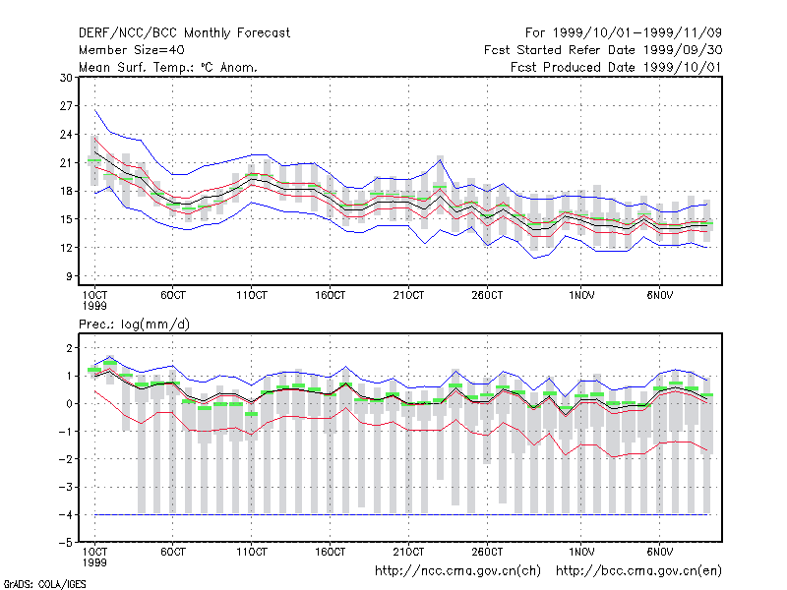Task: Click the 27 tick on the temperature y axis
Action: coord(66,106)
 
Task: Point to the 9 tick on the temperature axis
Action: coord(69,276)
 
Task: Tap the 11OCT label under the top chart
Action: coord(252,295)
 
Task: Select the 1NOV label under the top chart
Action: coord(581,295)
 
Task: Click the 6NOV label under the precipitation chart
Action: coord(659,552)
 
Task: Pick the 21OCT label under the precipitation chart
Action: coord(408,552)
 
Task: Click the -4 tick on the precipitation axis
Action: coord(65,514)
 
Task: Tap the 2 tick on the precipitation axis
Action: coord(69,348)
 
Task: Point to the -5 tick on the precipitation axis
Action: coord(65,543)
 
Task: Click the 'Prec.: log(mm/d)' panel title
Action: coord(134,324)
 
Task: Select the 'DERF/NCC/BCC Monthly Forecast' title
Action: coord(184,33)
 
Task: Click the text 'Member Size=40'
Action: coord(132,50)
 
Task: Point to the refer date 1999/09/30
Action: coord(682,50)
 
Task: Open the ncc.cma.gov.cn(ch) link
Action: coord(457,571)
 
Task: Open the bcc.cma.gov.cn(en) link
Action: coord(638,571)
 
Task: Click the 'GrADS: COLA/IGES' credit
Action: coord(44,584)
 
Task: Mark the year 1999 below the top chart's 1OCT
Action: coord(94,306)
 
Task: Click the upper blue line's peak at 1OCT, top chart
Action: coord(94,110)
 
